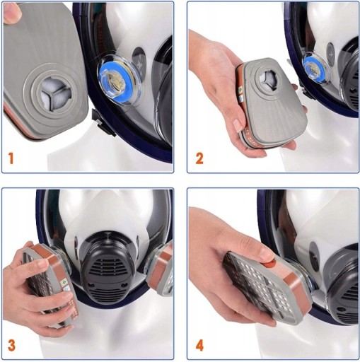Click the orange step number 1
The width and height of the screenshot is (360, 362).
(x=11, y=158)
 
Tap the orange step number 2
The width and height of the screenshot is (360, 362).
(x=199, y=158)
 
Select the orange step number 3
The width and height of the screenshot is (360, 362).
(x=11, y=345)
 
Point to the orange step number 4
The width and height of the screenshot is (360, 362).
(x=199, y=346)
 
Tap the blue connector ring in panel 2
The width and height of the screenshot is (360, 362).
(x=314, y=67)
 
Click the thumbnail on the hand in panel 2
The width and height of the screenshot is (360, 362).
(x=238, y=125)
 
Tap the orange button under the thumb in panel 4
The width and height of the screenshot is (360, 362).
(x=272, y=263)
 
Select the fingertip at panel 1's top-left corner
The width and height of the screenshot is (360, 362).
(x=11, y=13)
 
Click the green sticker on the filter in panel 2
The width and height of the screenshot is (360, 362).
(x=240, y=90)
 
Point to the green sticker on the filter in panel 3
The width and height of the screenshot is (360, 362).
(x=63, y=282)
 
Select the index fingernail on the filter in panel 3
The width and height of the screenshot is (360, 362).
(x=42, y=264)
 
